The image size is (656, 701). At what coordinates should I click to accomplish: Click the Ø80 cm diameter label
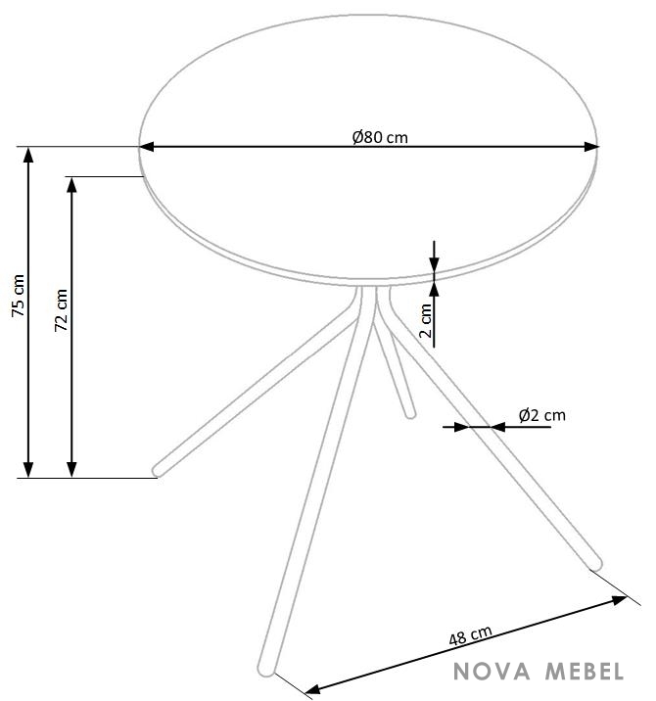coord(380,137)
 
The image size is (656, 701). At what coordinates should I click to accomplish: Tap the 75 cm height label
coord(18,296)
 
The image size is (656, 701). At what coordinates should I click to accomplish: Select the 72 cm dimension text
coord(61,309)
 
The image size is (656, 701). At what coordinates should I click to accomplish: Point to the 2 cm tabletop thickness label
coord(426,320)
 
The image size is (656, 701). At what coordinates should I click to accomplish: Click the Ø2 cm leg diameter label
coord(542,415)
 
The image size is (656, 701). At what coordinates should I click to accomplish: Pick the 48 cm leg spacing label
coord(470,635)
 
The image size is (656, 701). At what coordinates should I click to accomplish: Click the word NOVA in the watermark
coord(492,672)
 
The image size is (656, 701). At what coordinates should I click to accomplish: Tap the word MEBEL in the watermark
coord(584,672)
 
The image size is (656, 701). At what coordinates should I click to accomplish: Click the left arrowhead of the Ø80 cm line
coord(147,146)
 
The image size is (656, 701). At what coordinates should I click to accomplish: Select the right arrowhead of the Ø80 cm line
coord(591,146)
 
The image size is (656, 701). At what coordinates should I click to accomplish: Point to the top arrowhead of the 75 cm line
coord(28,155)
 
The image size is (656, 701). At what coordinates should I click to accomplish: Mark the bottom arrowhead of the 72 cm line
coord(71,469)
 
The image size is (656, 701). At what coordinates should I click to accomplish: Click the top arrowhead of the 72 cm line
coord(71,185)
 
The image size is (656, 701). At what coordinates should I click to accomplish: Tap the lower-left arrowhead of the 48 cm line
coord(312,689)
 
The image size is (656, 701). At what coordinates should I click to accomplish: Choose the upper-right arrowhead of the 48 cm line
coord(620,599)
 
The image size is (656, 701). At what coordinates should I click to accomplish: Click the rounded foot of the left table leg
coord(158,470)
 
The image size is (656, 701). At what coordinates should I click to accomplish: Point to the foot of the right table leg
coord(595,565)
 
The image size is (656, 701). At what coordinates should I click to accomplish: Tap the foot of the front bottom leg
coord(266,669)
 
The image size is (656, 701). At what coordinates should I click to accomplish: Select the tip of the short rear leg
coord(410,414)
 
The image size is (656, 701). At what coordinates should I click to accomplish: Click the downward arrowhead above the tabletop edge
coord(434,264)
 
